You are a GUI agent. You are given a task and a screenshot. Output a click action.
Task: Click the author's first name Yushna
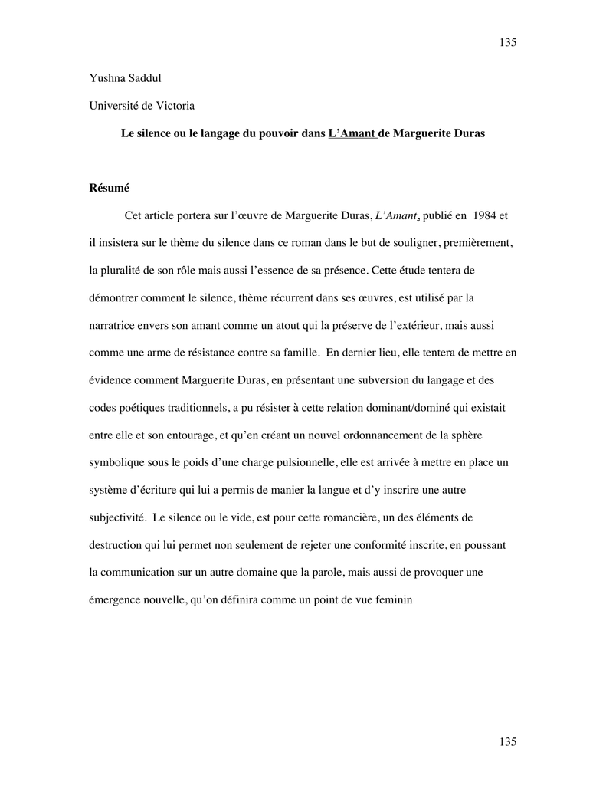(106, 77)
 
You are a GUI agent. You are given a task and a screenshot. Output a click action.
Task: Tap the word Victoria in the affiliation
(174, 105)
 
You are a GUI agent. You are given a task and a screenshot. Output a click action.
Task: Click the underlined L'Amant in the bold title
(352, 133)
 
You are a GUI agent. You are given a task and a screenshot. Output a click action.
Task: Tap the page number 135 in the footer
(508, 741)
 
